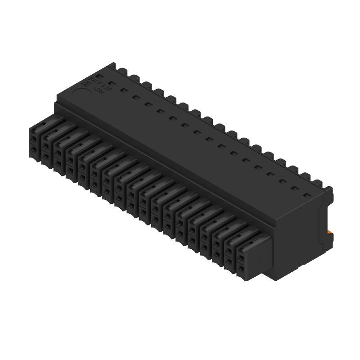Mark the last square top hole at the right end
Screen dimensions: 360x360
coord(308,195)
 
